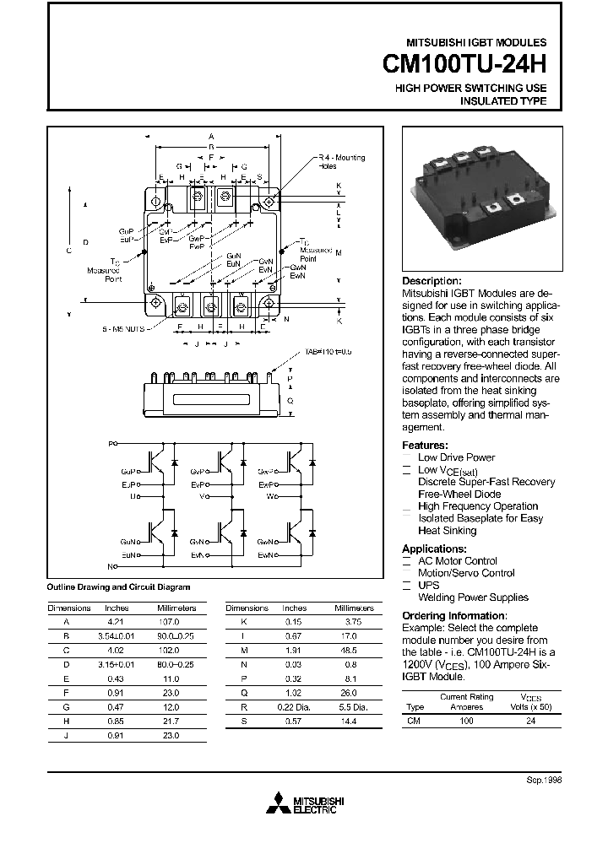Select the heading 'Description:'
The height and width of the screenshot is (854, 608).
[432, 281]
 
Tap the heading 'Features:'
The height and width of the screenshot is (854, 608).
[425, 446]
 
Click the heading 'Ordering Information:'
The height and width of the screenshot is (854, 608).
[453, 616]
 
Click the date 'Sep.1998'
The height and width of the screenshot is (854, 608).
[543, 781]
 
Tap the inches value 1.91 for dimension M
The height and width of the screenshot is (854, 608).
[294, 650]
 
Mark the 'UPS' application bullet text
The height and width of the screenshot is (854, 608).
[429, 585]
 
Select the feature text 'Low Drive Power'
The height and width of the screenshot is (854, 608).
[456, 457]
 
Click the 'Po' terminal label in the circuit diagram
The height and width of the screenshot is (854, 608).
[113, 442]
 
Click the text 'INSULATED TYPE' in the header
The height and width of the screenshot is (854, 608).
[503, 100]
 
